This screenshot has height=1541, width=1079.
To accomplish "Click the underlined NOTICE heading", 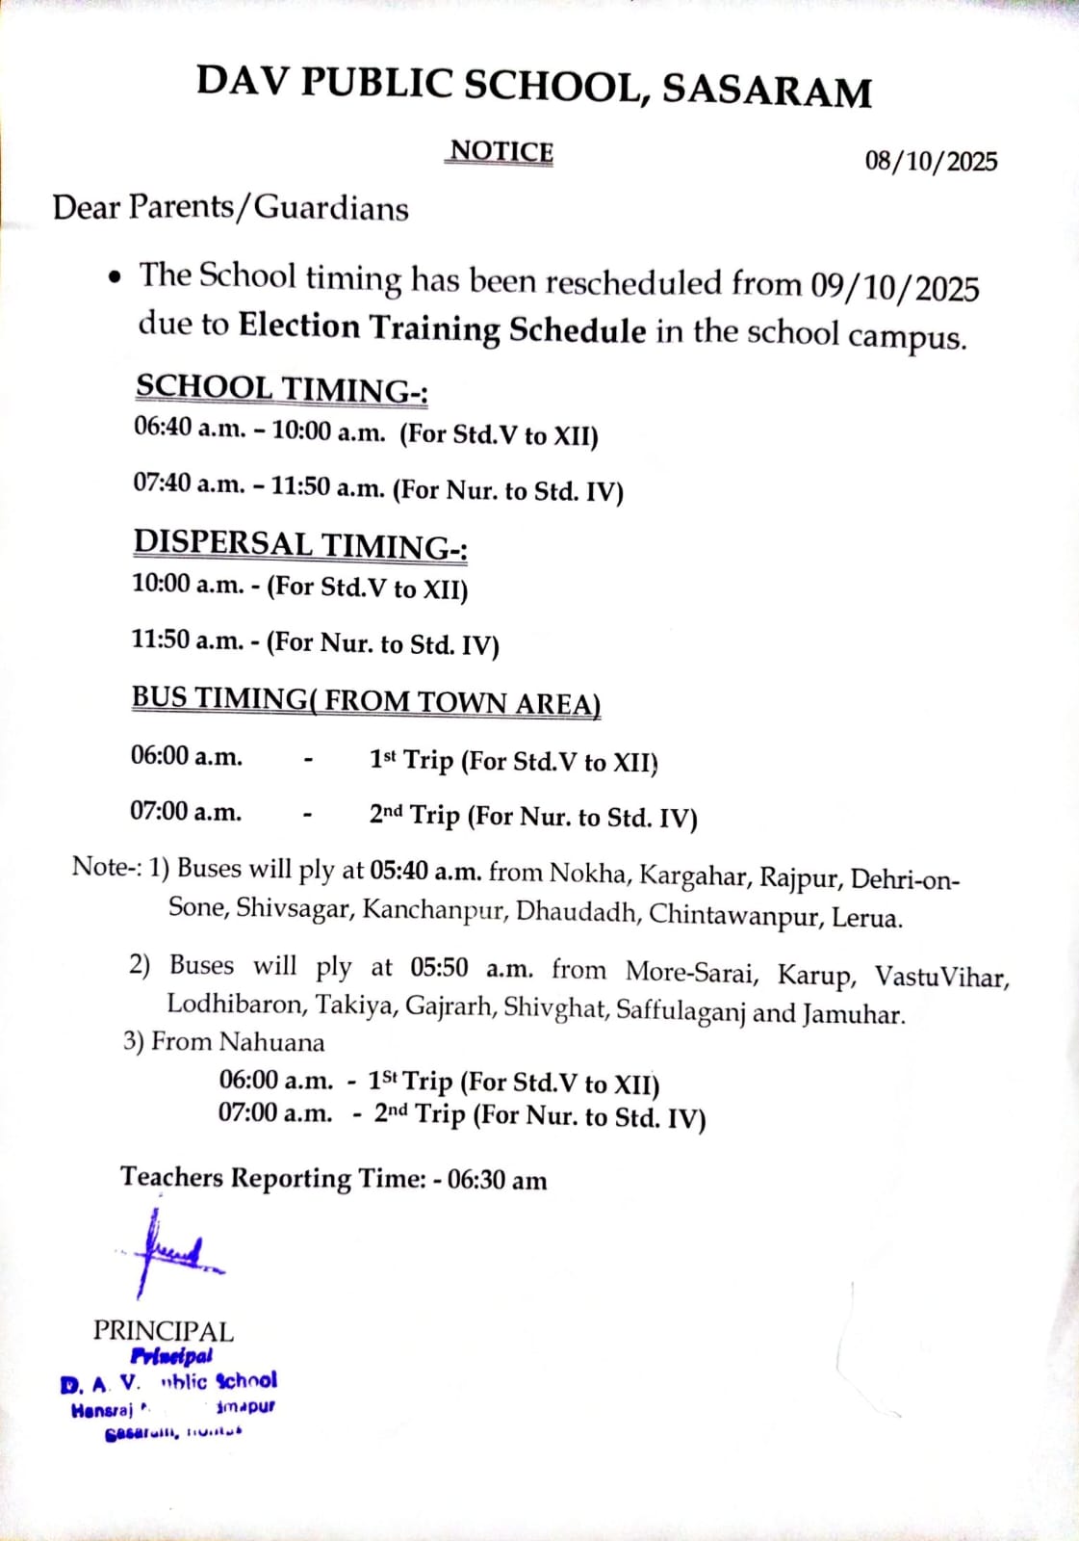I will click(501, 152).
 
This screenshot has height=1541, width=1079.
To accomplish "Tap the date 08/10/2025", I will click(930, 160).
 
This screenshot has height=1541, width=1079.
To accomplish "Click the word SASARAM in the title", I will click(766, 90).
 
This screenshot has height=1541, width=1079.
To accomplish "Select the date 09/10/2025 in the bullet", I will click(894, 287).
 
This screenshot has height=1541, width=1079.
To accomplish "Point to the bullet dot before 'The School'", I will click(116, 278).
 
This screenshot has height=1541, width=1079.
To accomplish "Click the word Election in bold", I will click(299, 326).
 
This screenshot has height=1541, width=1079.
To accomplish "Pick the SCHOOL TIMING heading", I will click(281, 389).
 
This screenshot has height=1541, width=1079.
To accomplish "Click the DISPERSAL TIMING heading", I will click(300, 545).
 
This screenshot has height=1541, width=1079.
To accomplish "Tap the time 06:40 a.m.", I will click(190, 427).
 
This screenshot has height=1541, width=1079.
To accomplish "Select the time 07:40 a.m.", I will click(189, 483).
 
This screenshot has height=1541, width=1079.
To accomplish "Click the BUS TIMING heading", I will click(366, 700).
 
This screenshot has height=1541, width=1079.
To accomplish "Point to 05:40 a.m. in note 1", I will click(425, 872).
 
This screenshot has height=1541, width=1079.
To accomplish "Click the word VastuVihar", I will click(940, 977).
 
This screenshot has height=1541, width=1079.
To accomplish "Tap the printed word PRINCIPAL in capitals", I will click(164, 1331).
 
